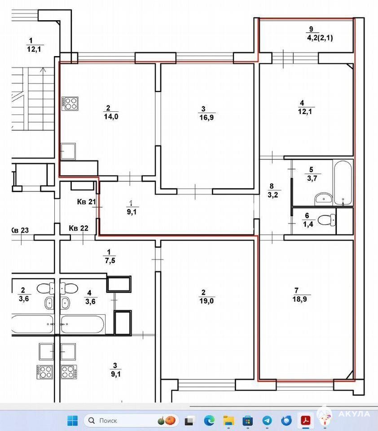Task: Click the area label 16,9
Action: (207, 118)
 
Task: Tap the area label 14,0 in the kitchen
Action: (111, 117)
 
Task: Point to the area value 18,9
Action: (300, 299)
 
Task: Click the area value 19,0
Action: (207, 301)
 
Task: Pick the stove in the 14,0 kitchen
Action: (70, 104)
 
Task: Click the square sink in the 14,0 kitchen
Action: (68, 151)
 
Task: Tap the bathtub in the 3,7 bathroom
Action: (343, 183)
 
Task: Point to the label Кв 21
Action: (86, 202)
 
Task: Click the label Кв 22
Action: (79, 228)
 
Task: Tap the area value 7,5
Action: (110, 260)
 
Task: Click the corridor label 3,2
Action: (273, 195)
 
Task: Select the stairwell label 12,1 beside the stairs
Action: (34, 49)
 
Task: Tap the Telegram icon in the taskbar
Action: (267, 421)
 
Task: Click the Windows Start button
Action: (73, 421)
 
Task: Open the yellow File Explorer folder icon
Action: (229, 421)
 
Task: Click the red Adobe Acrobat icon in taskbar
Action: (306, 421)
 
